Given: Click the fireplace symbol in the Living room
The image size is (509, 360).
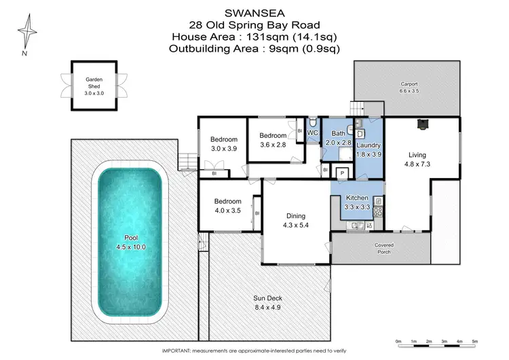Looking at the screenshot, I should [423, 124].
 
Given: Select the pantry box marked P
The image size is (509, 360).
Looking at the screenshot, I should [342, 174].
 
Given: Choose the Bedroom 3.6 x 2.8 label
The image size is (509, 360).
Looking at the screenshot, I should [274, 140].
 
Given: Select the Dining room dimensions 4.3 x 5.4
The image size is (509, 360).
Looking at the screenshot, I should [296, 226].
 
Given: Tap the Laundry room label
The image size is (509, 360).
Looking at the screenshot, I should [369, 145].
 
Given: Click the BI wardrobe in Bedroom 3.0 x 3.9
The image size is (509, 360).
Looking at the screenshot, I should [214, 174].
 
